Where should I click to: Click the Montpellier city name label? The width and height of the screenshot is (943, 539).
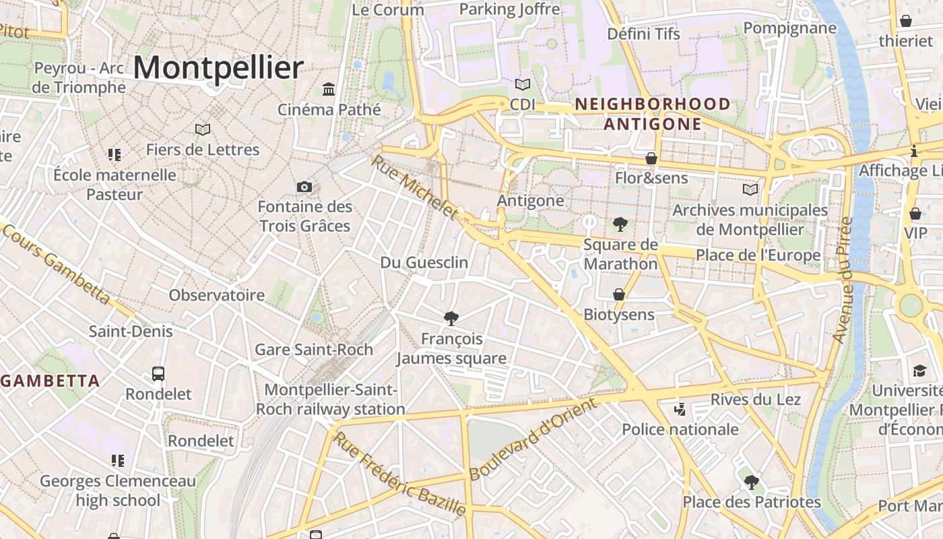[218, 68]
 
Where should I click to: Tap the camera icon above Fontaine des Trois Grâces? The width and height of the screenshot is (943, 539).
[304, 187]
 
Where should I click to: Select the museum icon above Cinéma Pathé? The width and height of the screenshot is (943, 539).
[329, 89]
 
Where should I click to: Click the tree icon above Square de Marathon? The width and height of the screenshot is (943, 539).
[620, 224]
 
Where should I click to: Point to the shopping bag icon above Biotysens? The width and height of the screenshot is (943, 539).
[618, 294]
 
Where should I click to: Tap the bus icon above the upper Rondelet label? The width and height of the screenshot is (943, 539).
[158, 373]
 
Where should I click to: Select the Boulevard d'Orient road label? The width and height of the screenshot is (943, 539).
[533, 439]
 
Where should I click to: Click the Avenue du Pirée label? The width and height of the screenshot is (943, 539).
[843, 280]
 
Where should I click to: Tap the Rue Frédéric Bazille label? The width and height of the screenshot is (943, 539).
[400, 474]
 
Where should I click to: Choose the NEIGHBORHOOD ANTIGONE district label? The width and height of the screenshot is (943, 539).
[652, 114]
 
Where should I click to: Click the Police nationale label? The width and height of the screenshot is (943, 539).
[680, 429]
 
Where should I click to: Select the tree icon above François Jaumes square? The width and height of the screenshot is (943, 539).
[451, 318]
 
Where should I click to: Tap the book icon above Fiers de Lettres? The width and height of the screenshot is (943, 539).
[203, 129]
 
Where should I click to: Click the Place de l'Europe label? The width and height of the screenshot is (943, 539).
[758, 255]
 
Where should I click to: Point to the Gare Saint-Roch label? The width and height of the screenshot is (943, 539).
[314, 350]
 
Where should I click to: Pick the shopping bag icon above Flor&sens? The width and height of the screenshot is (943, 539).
[651, 159]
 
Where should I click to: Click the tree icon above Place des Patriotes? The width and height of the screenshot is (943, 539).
[751, 482]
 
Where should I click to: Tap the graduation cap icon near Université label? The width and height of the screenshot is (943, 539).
[919, 371]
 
